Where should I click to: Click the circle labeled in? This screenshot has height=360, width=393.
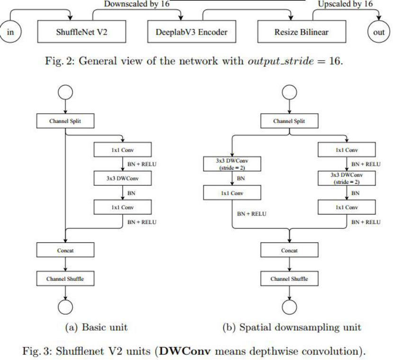[10, 32]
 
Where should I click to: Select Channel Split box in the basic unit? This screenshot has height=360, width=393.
[65, 121]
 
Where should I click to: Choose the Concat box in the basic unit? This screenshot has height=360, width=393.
[65, 251]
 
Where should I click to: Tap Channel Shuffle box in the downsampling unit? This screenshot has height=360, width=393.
[289, 279]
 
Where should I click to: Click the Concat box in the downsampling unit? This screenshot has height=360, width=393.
[289, 251]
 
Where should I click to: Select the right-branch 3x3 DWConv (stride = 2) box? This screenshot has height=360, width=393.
[347, 178]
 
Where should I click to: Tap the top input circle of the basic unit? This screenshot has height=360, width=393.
[65, 92]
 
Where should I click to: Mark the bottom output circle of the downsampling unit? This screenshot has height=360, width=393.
[289, 306]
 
